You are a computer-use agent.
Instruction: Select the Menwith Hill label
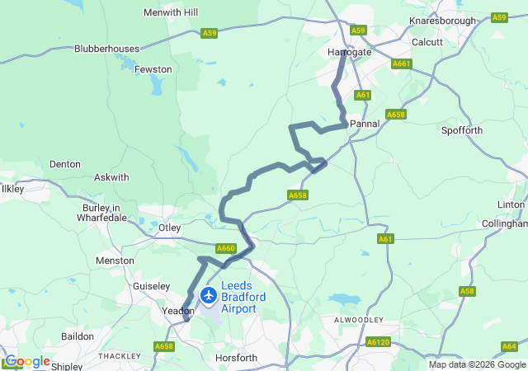[x=171, y=13]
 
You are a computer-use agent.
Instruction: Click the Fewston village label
[x=153, y=71]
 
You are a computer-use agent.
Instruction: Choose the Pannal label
[x=365, y=124]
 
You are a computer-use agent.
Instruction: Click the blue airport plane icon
[x=208, y=294]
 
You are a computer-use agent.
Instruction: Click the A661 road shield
[x=402, y=63]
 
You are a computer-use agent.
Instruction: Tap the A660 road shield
[x=225, y=248]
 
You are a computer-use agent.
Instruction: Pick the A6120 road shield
[x=377, y=341]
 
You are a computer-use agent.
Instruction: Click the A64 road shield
[x=509, y=347]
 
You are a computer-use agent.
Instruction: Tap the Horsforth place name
[x=235, y=359]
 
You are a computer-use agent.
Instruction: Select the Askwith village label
[x=111, y=177]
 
